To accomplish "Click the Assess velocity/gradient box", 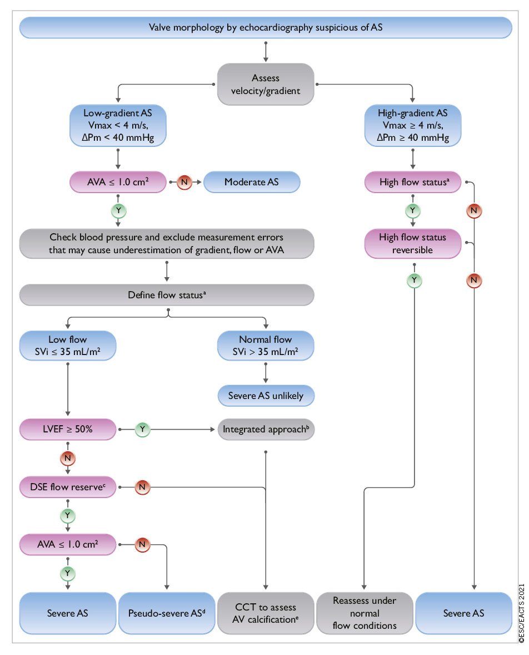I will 266,84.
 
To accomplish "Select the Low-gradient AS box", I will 118,126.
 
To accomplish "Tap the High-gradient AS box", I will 413,126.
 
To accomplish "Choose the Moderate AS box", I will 252,182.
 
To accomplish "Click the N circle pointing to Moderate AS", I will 184,182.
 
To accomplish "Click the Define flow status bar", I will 167,294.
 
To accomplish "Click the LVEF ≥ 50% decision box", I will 68,429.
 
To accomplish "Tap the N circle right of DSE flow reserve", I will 142,487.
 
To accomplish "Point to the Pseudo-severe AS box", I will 166,613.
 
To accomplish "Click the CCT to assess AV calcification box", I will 265,613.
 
